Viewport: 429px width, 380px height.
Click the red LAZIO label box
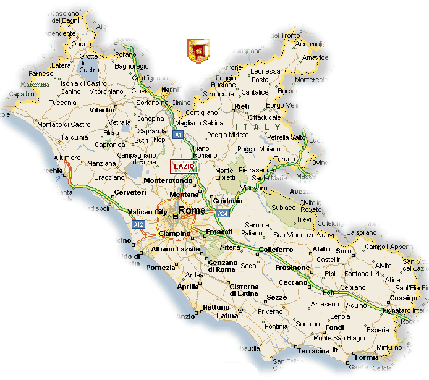pos(184,166)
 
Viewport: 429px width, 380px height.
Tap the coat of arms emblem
pos(198,50)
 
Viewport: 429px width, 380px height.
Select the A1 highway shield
pos(178,134)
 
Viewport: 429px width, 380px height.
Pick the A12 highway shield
pos(138,224)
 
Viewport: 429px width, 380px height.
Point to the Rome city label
pos(192,211)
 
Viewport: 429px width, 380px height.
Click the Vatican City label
pos(148,212)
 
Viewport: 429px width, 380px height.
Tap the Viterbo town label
pos(103,110)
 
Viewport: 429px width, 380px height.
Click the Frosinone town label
pos(292,268)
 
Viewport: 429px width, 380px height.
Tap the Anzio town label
pos(185,316)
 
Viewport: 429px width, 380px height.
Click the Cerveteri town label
pos(130,192)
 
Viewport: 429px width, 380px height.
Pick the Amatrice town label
pos(315,57)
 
